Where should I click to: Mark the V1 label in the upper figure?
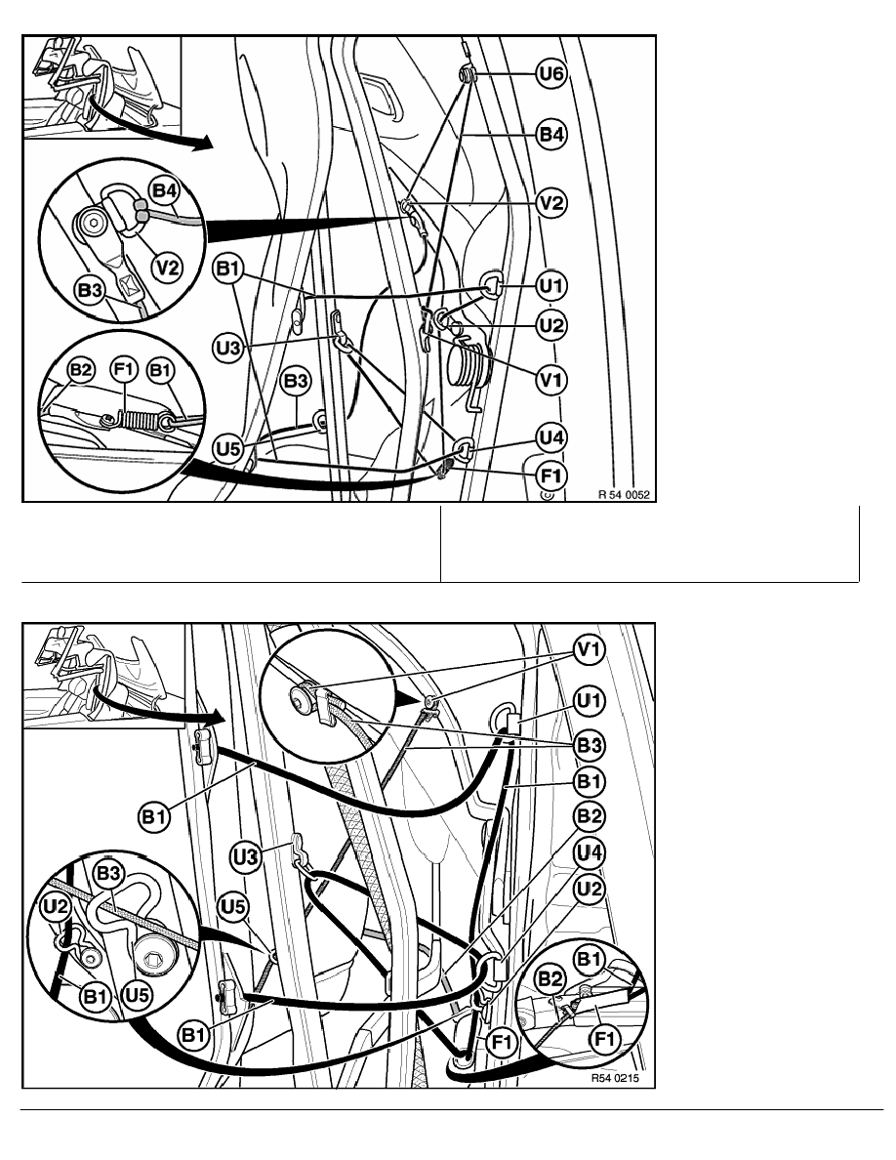[551, 377]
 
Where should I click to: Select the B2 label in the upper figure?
[81, 371]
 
